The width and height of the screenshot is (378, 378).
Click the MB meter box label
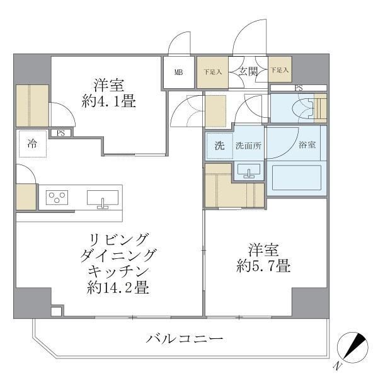pyautogui.click(x=179, y=72)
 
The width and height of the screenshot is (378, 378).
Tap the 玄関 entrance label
pyautogui.click(x=248, y=71)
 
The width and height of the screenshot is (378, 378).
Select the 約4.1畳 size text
pyautogui.click(x=108, y=101)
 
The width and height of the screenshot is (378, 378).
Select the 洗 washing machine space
pyautogui.click(x=219, y=146)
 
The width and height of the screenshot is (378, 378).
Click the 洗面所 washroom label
pyautogui.click(x=248, y=146)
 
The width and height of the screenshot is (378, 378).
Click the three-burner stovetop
pyautogui.click(x=57, y=198)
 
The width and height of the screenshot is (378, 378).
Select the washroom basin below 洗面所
pyautogui.click(x=249, y=170)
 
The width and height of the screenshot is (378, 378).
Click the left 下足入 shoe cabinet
pyautogui.click(x=212, y=72)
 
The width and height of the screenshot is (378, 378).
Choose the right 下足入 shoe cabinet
pyautogui.click(x=280, y=71)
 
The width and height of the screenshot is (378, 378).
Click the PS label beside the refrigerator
pyautogui.click(x=60, y=133)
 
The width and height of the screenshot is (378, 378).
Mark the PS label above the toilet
pyautogui.click(x=298, y=88)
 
